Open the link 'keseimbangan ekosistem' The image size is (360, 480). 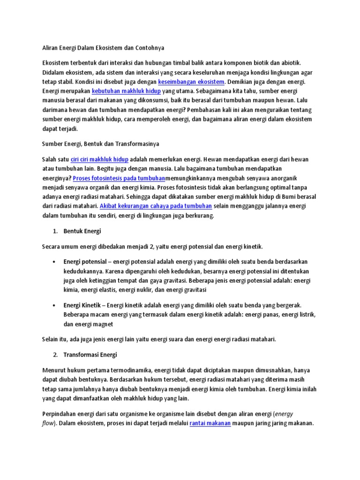point(191,81)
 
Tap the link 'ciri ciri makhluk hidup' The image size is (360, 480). point(99,160)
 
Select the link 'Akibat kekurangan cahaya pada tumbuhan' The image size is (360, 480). point(156,206)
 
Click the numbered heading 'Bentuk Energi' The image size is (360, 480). point(82,231)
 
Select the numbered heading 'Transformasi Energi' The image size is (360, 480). point(90,354)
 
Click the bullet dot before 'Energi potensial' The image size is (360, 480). point(55,261)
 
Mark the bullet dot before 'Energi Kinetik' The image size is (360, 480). point(55,305)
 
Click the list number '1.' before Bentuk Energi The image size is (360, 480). point(55,231)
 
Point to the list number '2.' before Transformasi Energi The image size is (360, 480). point(55,354)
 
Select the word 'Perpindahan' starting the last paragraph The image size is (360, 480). point(60,414)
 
